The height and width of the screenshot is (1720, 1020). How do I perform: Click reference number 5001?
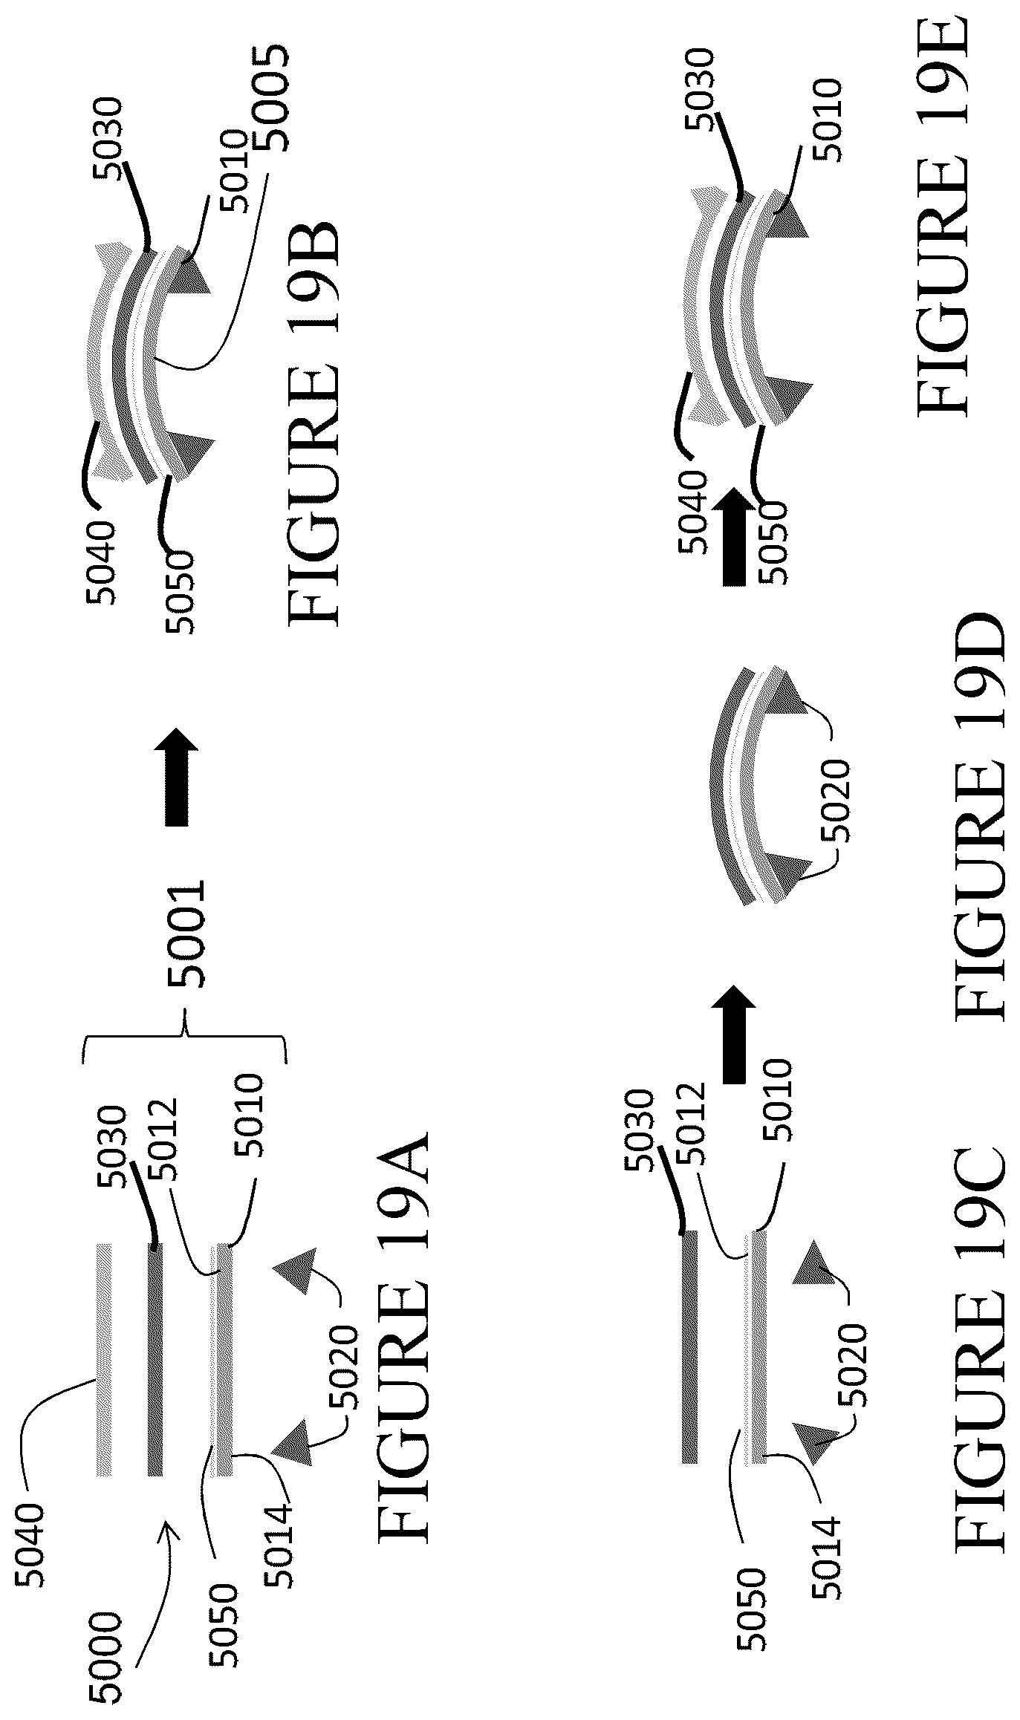185,934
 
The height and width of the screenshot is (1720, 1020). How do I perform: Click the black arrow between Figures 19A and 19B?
178,777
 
